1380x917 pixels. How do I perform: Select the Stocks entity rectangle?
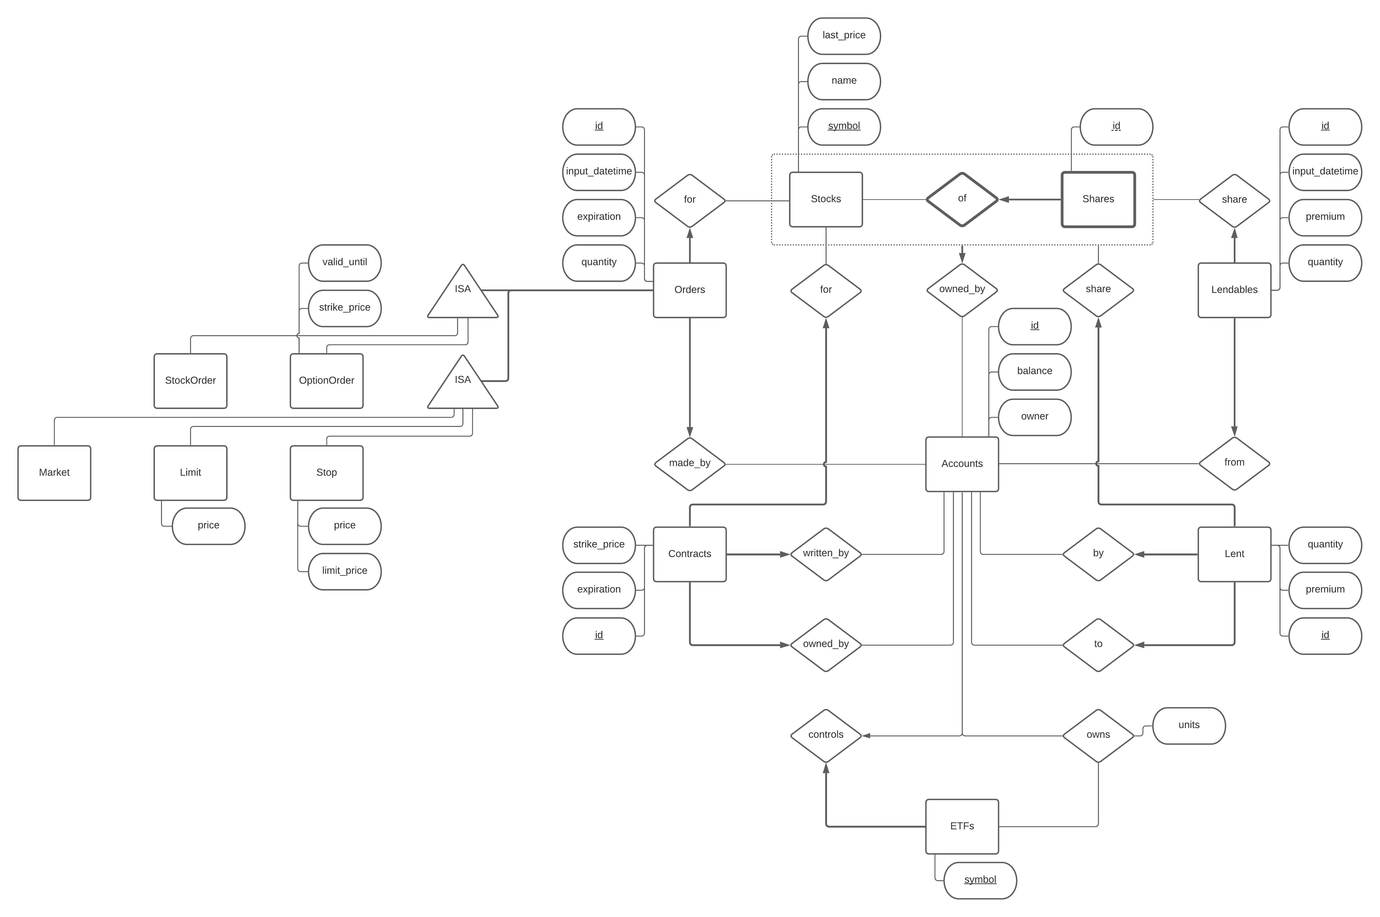click(825, 199)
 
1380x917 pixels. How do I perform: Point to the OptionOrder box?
click(326, 380)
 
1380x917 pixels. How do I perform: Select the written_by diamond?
click(825, 553)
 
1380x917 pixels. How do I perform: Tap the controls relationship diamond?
click(825, 735)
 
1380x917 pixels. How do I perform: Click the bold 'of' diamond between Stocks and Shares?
click(962, 199)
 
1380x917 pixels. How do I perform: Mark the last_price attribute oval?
click(843, 36)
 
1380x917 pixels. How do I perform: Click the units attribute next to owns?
click(1189, 725)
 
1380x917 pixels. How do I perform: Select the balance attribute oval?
click(1034, 371)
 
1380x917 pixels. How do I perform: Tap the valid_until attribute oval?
click(345, 263)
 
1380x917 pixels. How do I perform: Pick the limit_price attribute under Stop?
click(345, 571)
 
